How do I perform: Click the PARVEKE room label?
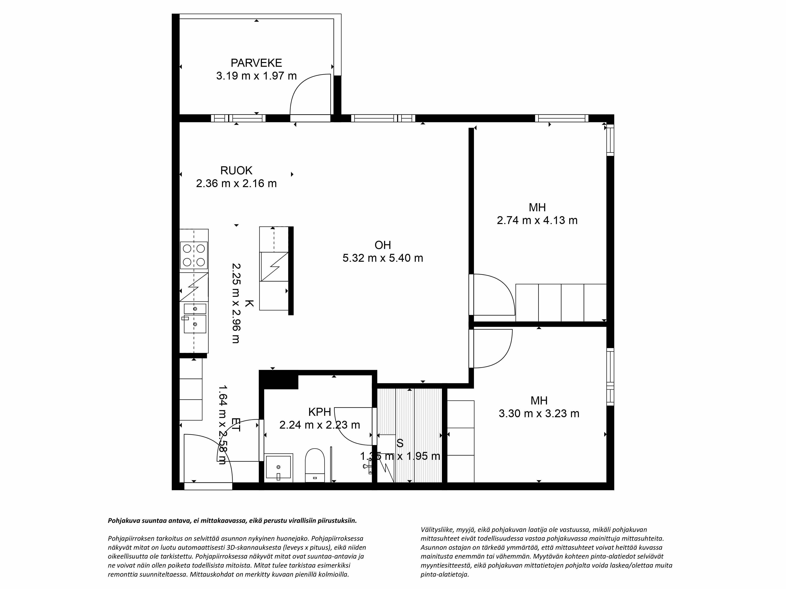pyautogui.click(x=256, y=63)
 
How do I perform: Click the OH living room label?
pyautogui.click(x=383, y=245)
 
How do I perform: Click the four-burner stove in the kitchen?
pyautogui.click(x=194, y=255)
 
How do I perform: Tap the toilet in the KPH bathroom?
pyautogui.click(x=315, y=465)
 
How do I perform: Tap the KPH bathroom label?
pyautogui.click(x=320, y=412)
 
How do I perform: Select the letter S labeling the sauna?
pyautogui.click(x=400, y=443)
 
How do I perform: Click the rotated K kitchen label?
pyautogui.click(x=249, y=304)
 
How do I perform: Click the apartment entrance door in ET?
pyautogui.click(x=208, y=458)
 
